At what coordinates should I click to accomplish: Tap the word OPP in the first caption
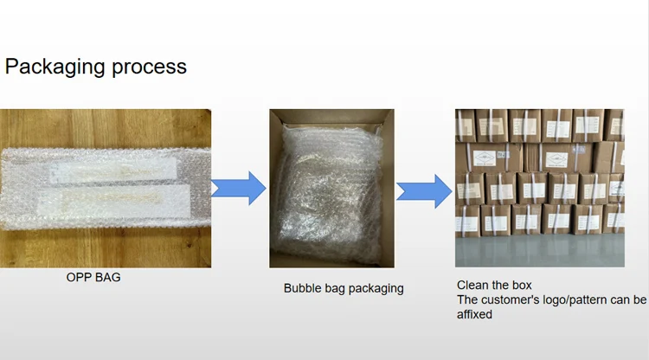[x=80, y=278]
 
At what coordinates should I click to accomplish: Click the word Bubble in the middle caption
[x=302, y=288]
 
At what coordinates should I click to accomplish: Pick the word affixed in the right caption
[x=474, y=314]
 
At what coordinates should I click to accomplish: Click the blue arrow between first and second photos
[x=239, y=188]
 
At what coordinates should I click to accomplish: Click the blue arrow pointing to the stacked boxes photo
[x=424, y=190]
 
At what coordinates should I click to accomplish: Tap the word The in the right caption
[x=468, y=299]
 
